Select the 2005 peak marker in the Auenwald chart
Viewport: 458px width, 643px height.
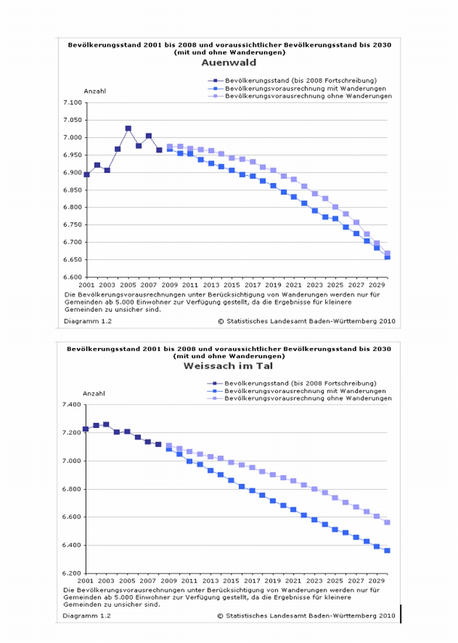[x=128, y=129]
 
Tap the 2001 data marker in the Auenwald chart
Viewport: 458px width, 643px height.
[x=86, y=174]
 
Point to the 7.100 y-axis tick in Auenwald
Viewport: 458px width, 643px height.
[x=72, y=103]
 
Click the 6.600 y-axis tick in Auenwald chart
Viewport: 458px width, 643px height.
[x=72, y=277]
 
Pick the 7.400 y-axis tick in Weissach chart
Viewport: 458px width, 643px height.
[x=72, y=405]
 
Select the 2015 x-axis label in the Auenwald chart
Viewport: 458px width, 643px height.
[x=232, y=285]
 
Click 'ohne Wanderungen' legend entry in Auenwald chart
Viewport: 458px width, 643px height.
[x=308, y=97]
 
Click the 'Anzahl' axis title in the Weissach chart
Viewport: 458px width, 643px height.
[x=94, y=394]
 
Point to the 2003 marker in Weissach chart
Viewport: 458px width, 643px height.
[x=106, y=425]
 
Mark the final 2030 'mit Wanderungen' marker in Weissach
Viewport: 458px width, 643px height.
[x=387, y=551]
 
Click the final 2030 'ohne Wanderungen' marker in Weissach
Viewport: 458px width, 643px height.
[x=387, y=523]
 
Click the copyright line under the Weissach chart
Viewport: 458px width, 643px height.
[x=306, y=616]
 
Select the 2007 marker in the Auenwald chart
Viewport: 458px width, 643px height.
[x=149, y=136]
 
